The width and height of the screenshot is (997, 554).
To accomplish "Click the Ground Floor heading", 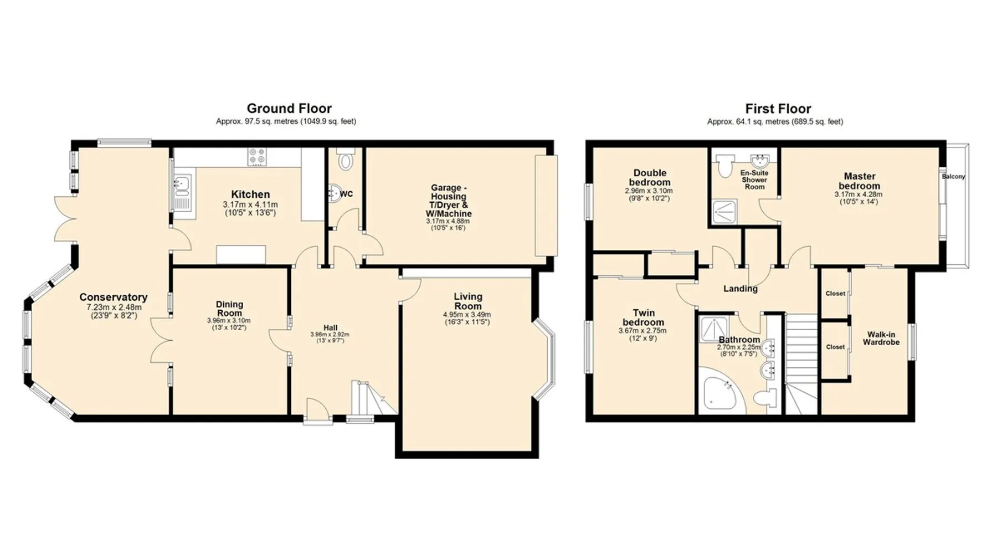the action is [289, 109].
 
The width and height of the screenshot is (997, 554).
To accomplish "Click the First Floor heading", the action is [778, 109].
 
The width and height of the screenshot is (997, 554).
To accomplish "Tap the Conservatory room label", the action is [114, 297].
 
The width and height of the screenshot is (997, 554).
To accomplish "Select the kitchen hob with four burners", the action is [257, 156].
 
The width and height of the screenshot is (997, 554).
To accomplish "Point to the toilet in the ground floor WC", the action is [346, 159].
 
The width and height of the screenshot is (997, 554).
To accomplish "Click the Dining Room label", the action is [229, 309].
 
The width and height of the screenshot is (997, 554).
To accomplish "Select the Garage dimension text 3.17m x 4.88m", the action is [448, 221].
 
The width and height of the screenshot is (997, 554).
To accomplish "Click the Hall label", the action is [331, 327].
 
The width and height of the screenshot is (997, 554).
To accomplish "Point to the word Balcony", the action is [953, 176].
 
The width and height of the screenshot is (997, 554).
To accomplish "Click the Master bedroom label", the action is [859, 181].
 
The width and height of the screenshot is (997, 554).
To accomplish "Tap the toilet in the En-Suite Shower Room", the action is [724, 165].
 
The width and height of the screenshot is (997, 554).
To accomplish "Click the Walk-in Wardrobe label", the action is [881, 338].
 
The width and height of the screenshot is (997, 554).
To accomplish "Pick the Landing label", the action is [741, 289].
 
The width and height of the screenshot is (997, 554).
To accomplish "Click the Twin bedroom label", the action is [643, 317].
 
